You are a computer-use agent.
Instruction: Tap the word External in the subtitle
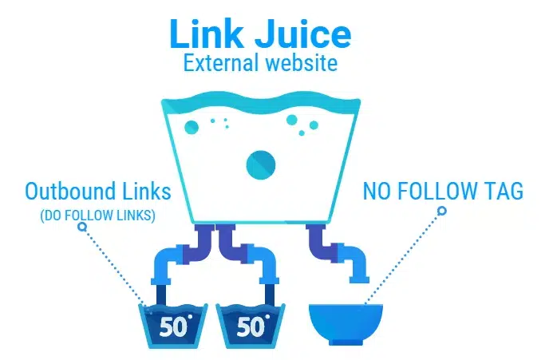point(221,63)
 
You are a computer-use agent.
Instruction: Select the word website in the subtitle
point(302,63)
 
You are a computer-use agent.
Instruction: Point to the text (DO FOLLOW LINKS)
point(97,216)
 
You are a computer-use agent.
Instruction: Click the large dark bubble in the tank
point(261,165)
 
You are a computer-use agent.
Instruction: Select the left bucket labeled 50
point(172,326)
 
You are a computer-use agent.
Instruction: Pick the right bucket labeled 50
point(251,326)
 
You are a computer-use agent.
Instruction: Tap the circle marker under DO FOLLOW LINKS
point(82,227)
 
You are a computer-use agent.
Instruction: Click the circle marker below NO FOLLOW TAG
point(442,211)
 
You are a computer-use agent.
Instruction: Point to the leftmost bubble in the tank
point(192,127)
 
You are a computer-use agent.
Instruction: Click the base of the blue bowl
point(346,342)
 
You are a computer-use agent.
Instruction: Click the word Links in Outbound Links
point(147,191)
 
